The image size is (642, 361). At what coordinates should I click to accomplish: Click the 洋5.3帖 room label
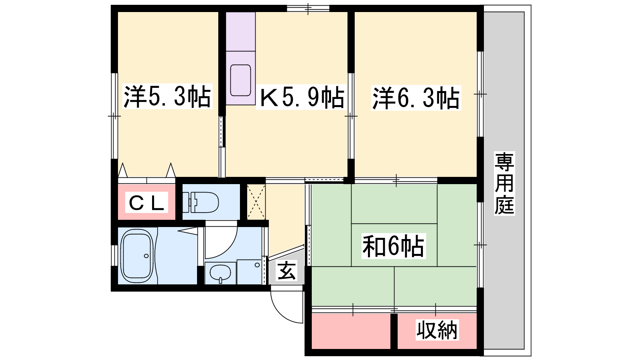167,96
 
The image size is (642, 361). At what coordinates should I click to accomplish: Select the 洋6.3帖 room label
416,98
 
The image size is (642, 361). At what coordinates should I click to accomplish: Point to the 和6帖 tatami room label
393,246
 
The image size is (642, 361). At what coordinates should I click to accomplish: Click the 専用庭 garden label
504,183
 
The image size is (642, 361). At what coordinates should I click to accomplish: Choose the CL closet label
146,202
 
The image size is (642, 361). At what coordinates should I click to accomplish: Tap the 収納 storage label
437,330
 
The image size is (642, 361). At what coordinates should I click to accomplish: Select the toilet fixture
201,202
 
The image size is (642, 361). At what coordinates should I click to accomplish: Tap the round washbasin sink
220,273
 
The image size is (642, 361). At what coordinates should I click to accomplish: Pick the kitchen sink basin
241,80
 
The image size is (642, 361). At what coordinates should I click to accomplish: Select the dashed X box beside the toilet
256,202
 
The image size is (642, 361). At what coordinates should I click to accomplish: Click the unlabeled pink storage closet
351,331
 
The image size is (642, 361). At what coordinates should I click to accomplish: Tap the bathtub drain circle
146,256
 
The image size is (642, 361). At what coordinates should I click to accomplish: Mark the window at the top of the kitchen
308,8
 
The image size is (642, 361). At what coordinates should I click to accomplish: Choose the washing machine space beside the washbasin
249,272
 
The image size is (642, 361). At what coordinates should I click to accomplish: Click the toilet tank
186,202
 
